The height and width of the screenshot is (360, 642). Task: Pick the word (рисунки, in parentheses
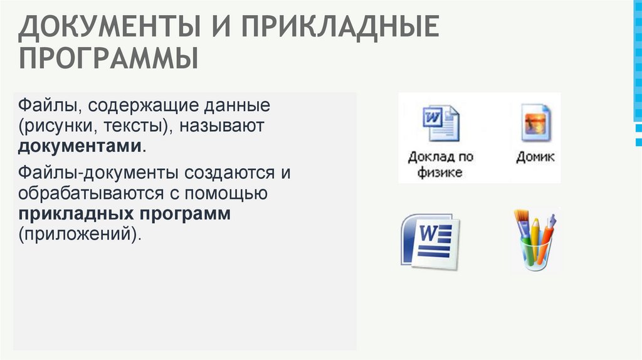click(58, 125)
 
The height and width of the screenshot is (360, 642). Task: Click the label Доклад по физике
click(440, 164)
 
